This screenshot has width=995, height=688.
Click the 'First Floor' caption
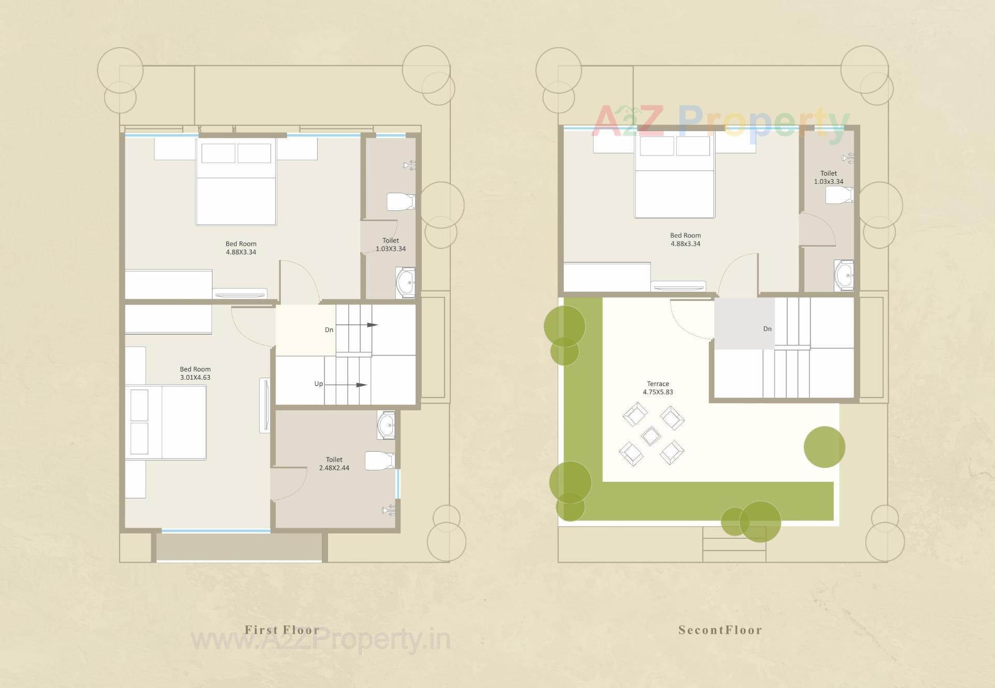point(282,630)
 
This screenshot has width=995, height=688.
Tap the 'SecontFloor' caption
point(720,630)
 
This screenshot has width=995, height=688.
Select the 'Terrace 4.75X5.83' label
point(658,388)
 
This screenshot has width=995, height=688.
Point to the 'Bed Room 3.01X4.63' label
point(195,373)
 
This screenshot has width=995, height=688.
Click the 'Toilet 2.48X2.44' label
point(334,464)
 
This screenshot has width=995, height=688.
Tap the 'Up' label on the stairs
point(319,384)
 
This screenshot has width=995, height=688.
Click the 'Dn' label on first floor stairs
point(329,330)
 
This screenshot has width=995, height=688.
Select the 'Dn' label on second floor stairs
point(767,329)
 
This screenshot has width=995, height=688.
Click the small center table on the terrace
point(651,436)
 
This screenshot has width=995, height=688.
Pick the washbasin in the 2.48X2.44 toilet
point(386,425)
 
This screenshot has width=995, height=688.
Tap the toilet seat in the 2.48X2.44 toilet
point(380,460)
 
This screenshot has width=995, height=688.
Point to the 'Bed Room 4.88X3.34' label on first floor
point(241,248)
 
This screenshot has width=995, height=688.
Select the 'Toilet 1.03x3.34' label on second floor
point(829,177)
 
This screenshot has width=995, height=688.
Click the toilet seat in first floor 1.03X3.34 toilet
point(401,202)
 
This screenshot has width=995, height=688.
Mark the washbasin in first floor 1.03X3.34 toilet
point(405,282)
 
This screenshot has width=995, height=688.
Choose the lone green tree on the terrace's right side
point(825,447)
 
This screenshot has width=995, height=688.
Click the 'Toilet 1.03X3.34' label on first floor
point(391,245)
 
